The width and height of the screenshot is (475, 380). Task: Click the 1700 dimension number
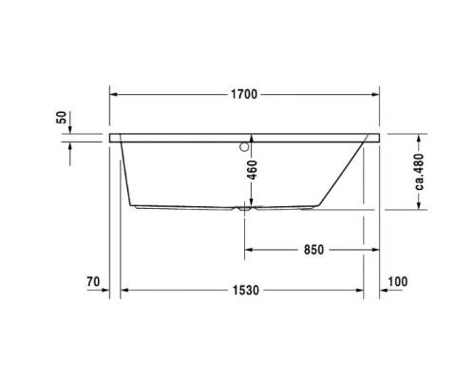click(245, 95)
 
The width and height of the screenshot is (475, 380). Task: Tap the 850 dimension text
click(313, 250)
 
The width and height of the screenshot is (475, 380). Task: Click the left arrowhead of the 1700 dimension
click(116, 95)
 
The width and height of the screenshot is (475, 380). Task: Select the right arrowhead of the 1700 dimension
click(375, 95)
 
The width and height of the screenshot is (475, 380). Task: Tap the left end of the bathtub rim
click(114, 138)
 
